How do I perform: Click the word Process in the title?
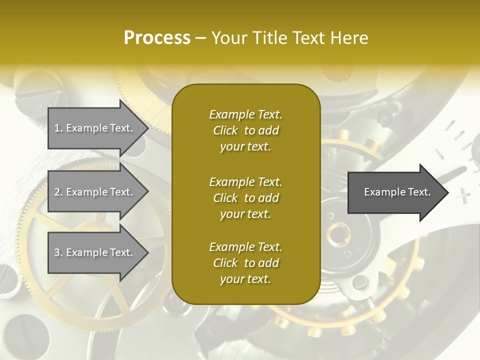point(157,38)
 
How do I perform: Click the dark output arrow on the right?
point(395,192)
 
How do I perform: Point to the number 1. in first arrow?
point(58,128)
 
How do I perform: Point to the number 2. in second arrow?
point(58,192)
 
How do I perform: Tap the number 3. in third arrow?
point(58,252)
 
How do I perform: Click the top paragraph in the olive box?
point(245,130)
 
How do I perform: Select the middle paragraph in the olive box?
point(245,198)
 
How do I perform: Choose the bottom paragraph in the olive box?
point(245,263)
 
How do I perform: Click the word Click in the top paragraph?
point(225,130)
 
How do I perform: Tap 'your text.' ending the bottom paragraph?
point(245,279)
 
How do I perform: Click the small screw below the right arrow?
point(360,283)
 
